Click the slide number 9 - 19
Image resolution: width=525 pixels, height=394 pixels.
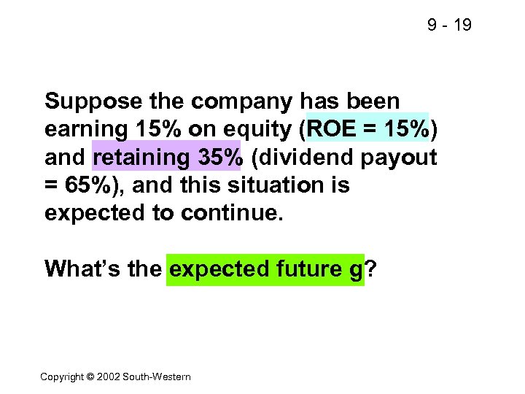449,26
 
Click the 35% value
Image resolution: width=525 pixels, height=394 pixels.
217,157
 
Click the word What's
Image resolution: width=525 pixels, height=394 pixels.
77,269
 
